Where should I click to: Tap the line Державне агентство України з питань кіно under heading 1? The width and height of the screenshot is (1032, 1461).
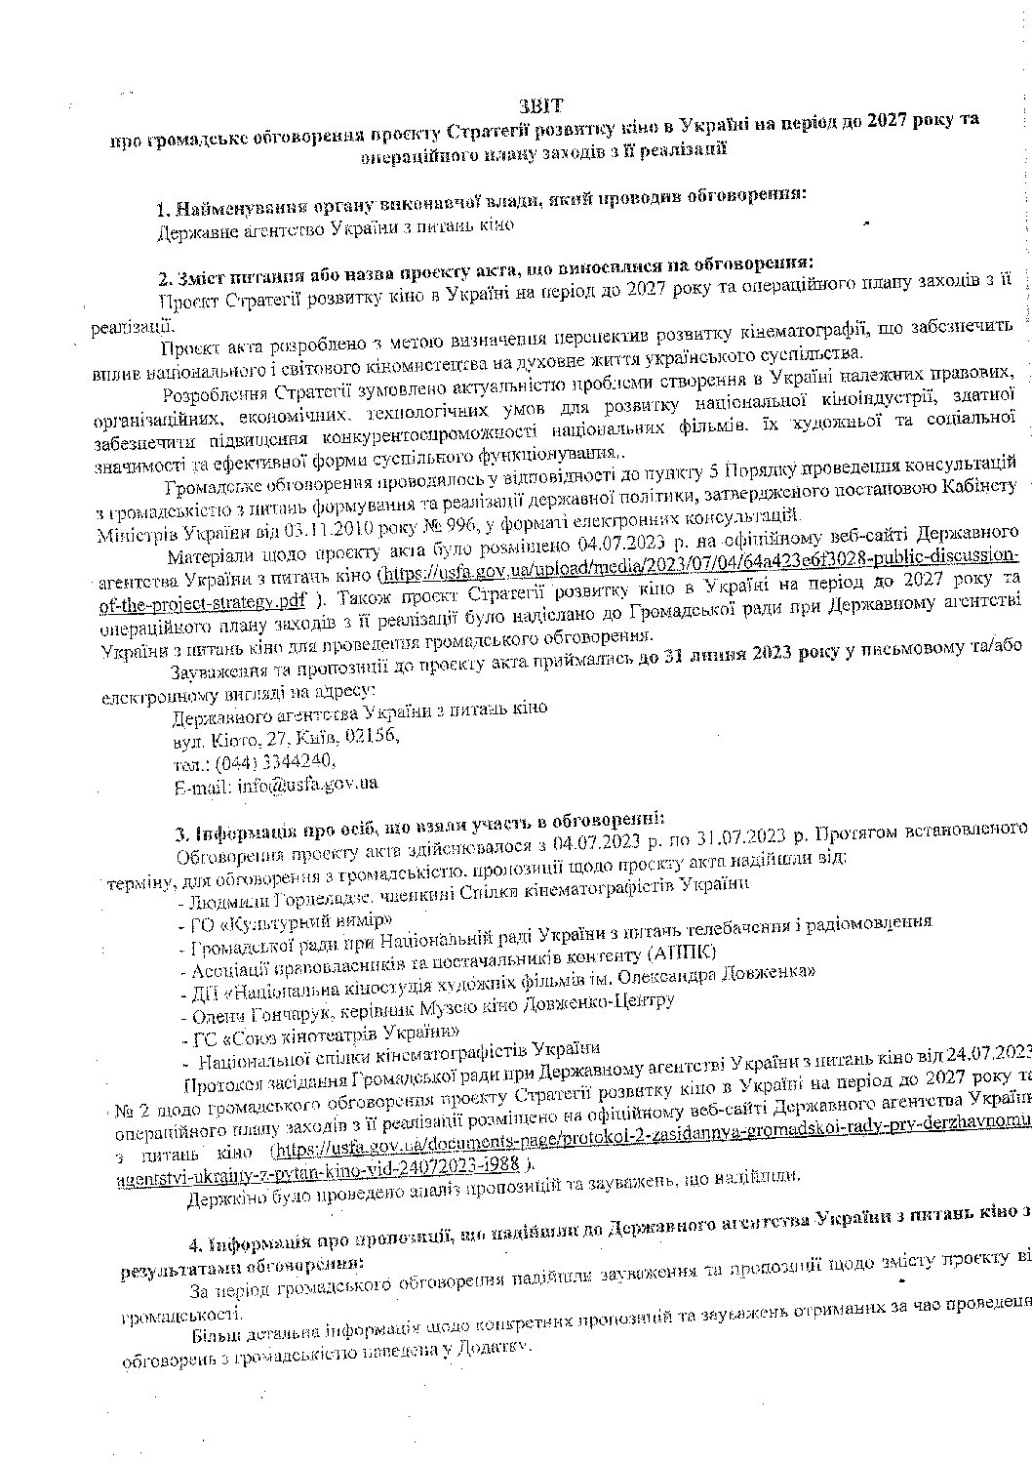[336, 227]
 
